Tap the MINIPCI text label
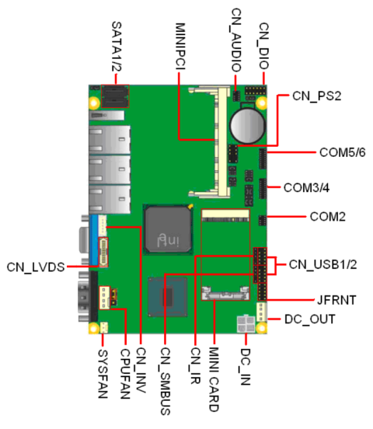(x=180, y=47)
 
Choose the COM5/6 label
(x=343, y=152)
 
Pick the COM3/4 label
(x=307, y=187)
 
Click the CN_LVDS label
(x=34, y=267)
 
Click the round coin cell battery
(x=249, y=123)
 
